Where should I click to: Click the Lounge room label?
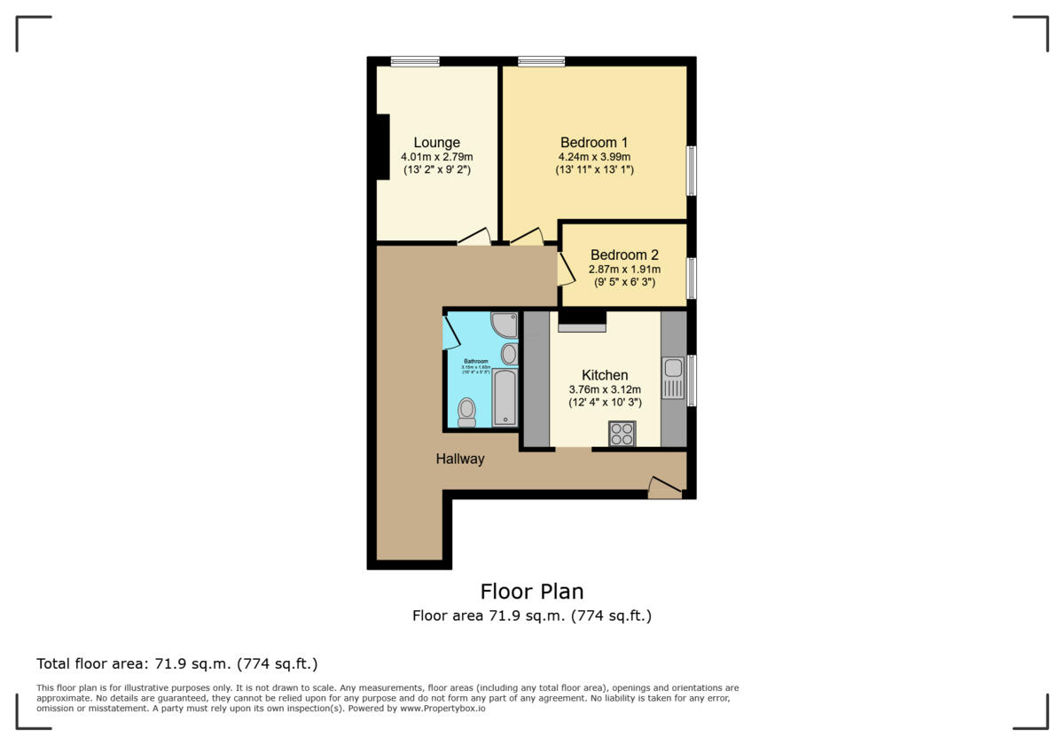click(436, 142)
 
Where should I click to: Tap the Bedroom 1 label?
click(594, 142)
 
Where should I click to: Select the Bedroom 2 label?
click(624, 255)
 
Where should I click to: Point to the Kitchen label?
click(605, 375)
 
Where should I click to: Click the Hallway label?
click(459, 459)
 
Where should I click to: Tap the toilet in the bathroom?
click(466, 412)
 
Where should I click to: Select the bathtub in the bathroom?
click(505, 397)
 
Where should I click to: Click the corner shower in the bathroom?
click(505, 325)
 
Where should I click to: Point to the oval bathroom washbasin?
click(509, 355)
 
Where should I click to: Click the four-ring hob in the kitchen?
click(622, 433)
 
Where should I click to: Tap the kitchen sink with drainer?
click(672, 378)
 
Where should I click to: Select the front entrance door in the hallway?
click(664, 487)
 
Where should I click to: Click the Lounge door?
click(474, 237)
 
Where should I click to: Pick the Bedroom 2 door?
click(565, 269)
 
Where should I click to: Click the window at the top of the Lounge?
click(415, 62)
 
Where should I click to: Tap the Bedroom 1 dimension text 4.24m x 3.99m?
click(594, 157)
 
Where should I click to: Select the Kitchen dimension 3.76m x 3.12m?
click(605, 389)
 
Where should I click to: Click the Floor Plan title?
click(531, 591)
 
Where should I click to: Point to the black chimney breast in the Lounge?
click(382, 147)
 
